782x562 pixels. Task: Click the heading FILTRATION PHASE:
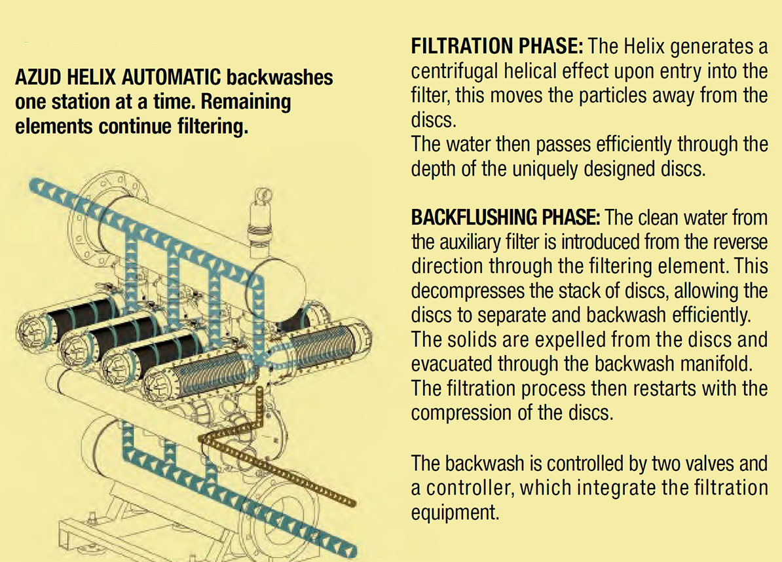click(496, 47)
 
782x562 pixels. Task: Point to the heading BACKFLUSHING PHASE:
click(505, 217)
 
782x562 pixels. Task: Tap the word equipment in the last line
click(455, 512)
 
